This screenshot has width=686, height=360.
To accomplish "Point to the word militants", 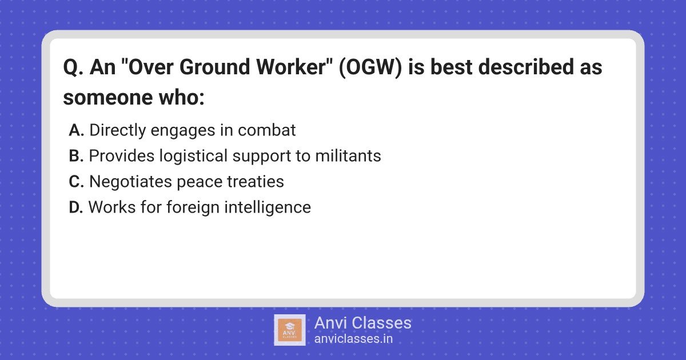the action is tap(348, 156).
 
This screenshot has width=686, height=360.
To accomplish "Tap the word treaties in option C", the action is tap(256, 182).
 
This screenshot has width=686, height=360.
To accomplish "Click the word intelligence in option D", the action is tap(268, 208).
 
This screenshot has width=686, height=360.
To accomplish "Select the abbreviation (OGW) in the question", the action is tap(370, 67).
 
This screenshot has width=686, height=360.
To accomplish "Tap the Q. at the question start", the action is tap(73, 67).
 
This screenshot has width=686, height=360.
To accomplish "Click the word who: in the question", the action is tap(182, 98).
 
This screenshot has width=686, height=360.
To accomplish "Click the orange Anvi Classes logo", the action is tap(290, 330).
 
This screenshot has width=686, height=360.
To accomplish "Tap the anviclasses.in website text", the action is tap(353, 339).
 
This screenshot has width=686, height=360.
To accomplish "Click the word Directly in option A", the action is tap(118, 131).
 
